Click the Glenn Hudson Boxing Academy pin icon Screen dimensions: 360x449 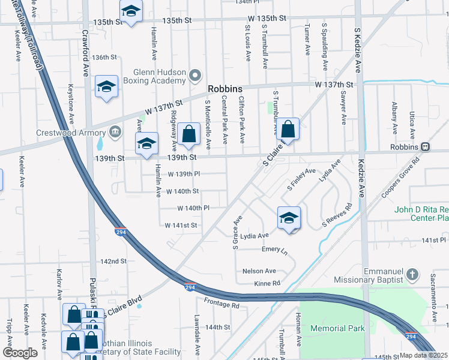pos(194,75)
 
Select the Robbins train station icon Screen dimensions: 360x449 pos(426,146)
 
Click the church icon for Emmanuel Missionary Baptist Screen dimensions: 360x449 pos(412,275)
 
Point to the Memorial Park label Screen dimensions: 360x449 pos(337,328)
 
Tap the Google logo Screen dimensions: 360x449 pos(20,353)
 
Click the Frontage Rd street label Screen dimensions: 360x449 pos(221,304)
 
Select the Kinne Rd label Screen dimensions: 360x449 pos(267,283)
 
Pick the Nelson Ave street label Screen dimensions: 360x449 pos(259,271)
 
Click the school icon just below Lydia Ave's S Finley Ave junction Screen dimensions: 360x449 pos(289,217)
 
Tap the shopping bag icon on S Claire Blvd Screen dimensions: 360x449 pos(288,128)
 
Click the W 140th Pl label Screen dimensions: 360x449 pos(193,208)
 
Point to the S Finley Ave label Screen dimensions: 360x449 pos(301,179)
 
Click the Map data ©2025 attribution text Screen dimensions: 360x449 pos(423,355)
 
